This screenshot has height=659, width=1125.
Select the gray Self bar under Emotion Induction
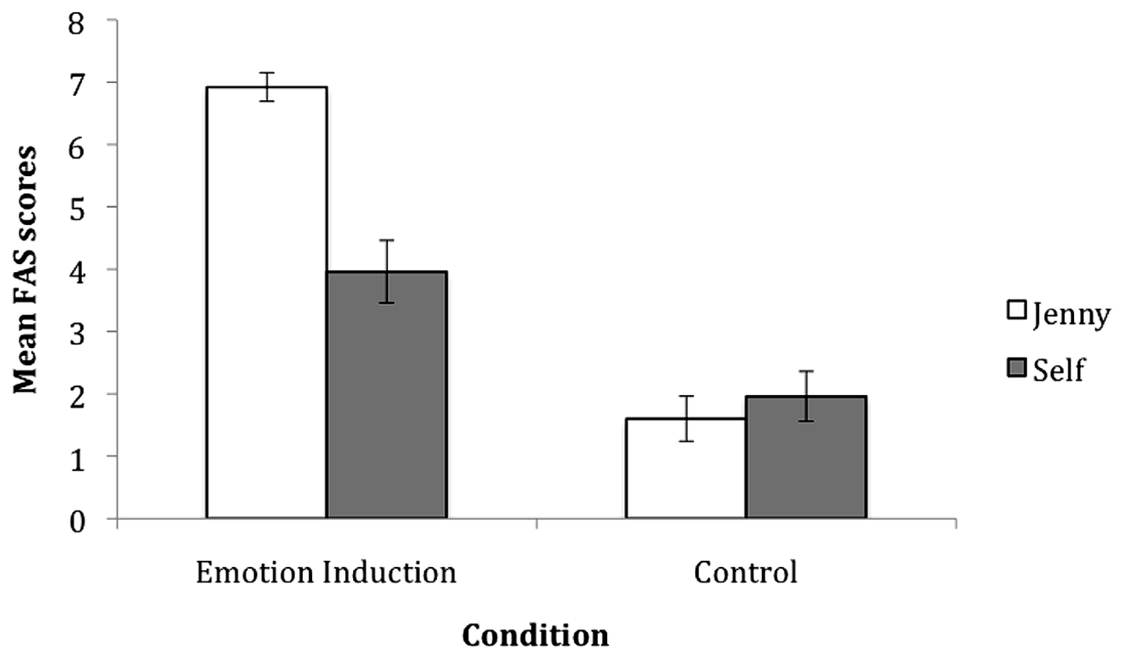pyautogui.click(x=387, y=394)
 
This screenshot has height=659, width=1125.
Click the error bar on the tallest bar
pyautogui.click(x=267, y=87)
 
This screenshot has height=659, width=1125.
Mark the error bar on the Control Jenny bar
pyautogui.click(x=686, y=419)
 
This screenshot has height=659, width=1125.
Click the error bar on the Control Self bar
pyautogui.click(x=806, y=396)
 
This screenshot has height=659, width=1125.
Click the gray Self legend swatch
pyautogui.click(x=1016, y=368)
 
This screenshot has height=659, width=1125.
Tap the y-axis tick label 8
pyautogui.click(x=77, y=23)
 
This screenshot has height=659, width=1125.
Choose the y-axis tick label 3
pyautogui.click(x=77, y=334)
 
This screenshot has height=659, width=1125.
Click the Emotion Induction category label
pyautogui.click(x=326, y=573)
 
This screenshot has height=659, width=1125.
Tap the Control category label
pyautogui.click(x=745, y=573)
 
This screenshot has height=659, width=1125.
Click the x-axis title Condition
pyautogui.click(x=535, y=635)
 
